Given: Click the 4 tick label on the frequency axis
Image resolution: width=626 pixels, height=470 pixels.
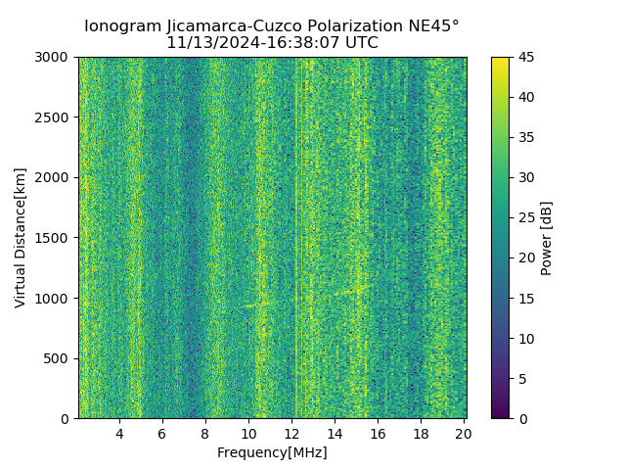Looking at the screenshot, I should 119,434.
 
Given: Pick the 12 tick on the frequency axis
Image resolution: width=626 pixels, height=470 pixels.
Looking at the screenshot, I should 291,434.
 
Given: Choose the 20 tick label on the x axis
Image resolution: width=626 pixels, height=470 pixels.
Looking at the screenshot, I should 463,434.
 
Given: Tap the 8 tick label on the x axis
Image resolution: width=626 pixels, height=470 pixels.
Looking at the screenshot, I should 205,434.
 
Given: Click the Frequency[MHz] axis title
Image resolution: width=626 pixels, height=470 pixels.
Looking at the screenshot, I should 272,452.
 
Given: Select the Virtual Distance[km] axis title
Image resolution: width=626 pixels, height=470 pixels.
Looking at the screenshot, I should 21,238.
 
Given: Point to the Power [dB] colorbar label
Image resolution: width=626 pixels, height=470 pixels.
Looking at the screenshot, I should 547,238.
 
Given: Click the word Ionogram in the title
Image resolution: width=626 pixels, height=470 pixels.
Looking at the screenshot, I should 123,26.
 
